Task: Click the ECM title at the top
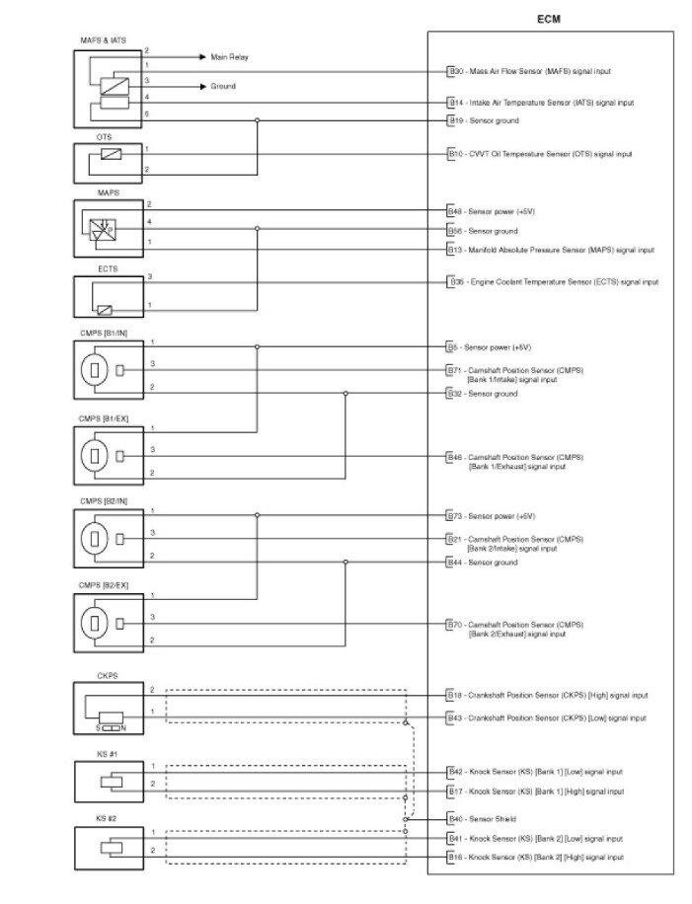pos(548,19)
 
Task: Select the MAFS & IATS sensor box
pos(109,88)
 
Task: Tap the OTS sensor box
pos(109,161)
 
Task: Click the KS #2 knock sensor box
pos(109,848)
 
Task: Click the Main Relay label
pos(229,57)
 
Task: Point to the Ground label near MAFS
pos(223,86)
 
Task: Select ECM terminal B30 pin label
pos(456,72)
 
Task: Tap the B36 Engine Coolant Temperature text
pos(553,282)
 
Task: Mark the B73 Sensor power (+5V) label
pos(491,515)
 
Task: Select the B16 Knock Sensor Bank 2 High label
pos(535,858)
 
